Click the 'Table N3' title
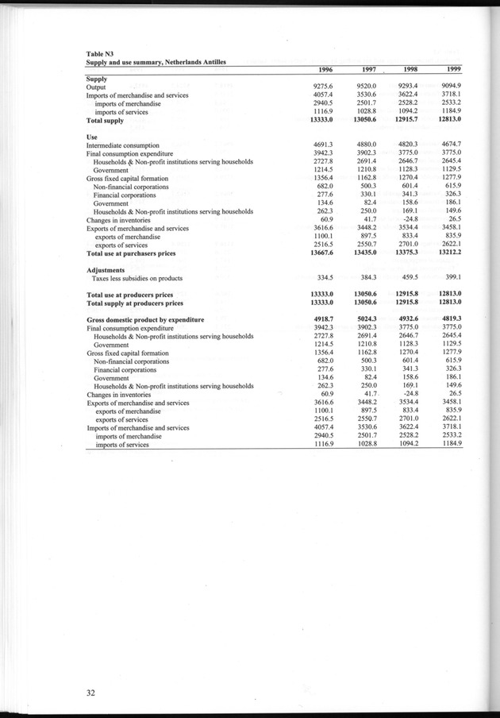pos(100,53)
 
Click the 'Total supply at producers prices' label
pos(134,303)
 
